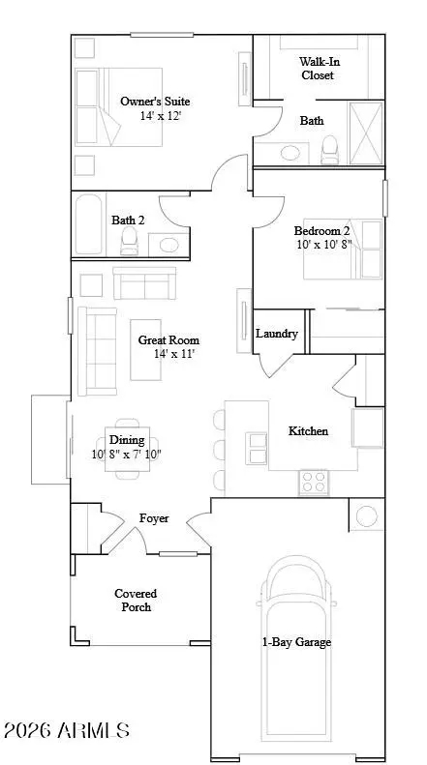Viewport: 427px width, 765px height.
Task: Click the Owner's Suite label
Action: [x=155, y=101]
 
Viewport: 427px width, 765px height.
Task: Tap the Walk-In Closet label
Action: [x=320, y=68]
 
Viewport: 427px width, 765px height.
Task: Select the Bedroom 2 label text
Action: [x=321, y=231]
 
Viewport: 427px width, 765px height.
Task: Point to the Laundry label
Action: [x=277, y=334]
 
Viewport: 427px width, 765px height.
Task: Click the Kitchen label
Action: [x=308, y=431]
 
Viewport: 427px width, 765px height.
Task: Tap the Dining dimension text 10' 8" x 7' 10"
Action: [x=127, y=454]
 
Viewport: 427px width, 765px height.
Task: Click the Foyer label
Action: [x=154, y=518]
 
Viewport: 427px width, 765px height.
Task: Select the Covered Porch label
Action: [x=136, y=600]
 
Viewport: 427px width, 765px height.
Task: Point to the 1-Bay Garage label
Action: [x=295, y=642]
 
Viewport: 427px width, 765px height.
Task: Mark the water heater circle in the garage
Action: [x=367, y=515]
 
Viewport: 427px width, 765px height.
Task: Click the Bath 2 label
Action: [x=128, y=221]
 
